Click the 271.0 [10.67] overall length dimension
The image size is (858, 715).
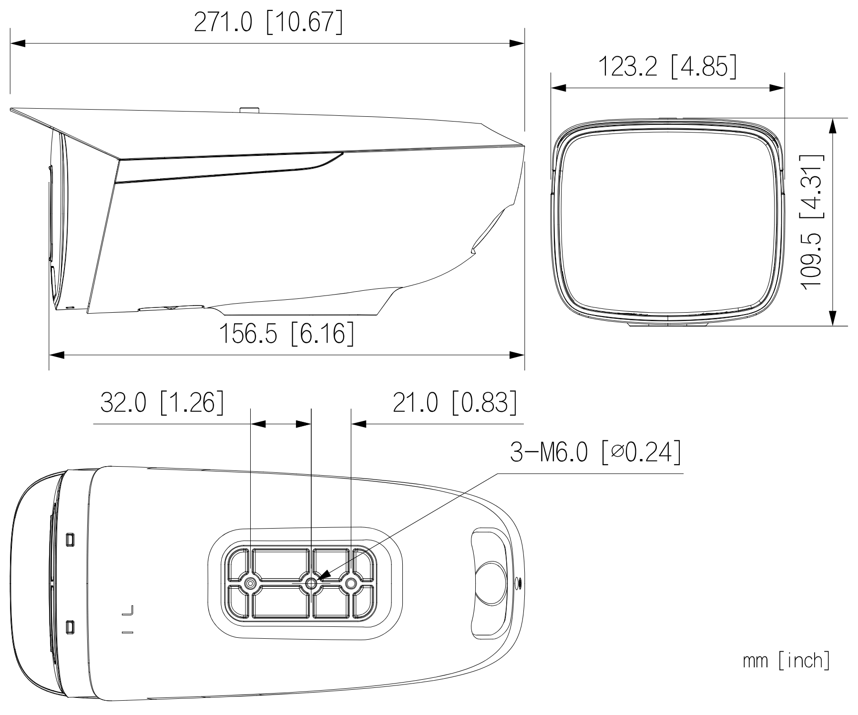[x=268, y=22]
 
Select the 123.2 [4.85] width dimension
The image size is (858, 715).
[x=667, y=66]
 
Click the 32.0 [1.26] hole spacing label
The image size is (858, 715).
[x=162, y=402]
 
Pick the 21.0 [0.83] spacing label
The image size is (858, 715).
[x=455, y=402]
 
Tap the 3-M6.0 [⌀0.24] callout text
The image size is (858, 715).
[x=595, y=452]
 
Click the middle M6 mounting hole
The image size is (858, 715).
[x=311, y=583]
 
